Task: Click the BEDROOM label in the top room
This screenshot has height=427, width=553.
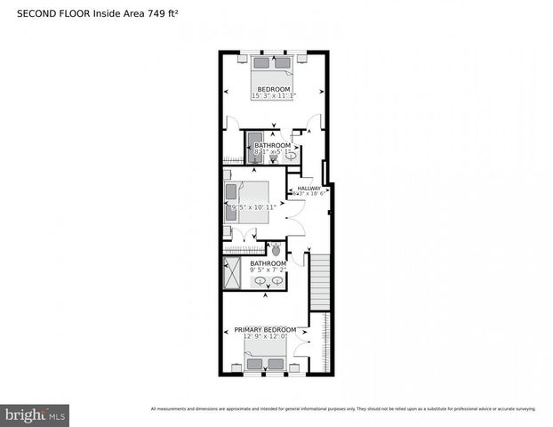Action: pos(273,89)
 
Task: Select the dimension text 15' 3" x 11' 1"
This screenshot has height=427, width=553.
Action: pos(273,96)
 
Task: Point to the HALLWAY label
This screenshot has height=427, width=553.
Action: pos(309,189)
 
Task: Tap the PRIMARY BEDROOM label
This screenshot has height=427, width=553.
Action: pos(265,330)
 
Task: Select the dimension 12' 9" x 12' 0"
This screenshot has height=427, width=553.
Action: pos(265,337)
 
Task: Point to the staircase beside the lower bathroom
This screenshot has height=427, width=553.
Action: pos(319,281)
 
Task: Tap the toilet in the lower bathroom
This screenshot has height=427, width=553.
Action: pos(276,250)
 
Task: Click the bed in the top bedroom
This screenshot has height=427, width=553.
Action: pos(272,70)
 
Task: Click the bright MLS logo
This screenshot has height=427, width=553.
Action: pos(36,415)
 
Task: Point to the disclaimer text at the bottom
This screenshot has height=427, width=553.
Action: pos(343,409)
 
